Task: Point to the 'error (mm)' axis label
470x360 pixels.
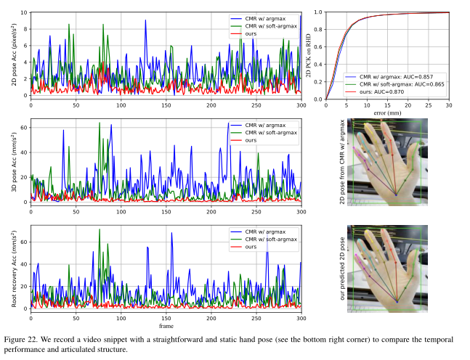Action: pos(387,112)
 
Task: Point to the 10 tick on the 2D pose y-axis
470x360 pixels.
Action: pos(23,12)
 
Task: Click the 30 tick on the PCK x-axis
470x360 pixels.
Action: pos(448,105)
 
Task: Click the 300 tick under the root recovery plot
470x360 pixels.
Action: pos(301,317)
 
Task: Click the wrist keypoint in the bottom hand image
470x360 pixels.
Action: pos(397,299)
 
